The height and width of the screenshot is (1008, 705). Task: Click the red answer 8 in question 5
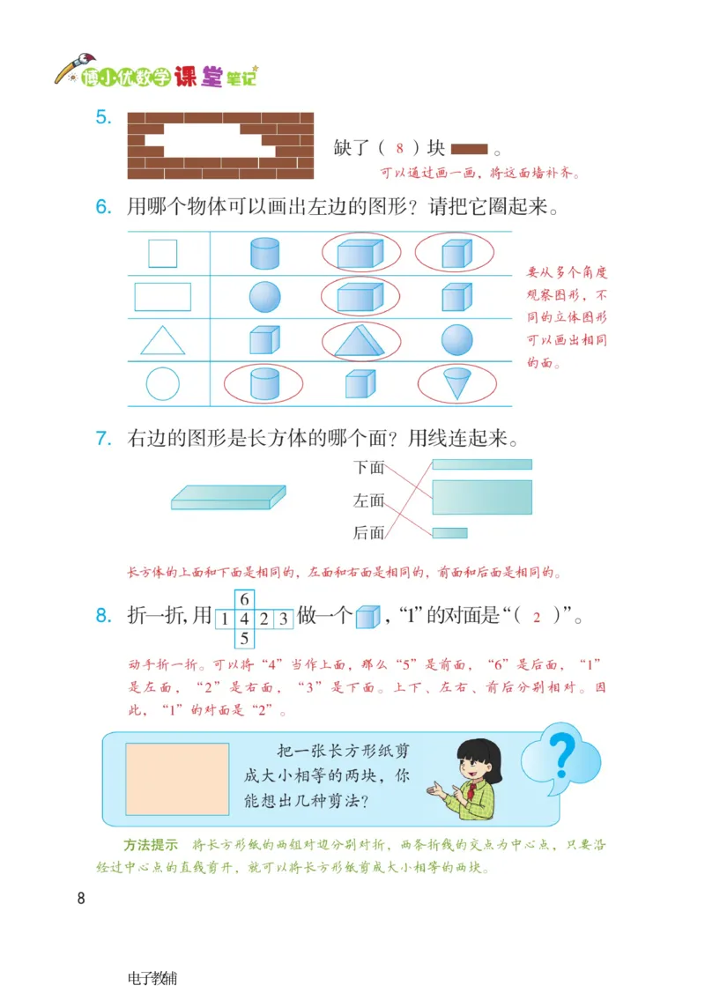[x=399, y=149]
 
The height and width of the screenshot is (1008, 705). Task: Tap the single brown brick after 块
[x=469, y=149]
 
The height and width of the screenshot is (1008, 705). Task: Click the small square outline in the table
[x=162, y=254]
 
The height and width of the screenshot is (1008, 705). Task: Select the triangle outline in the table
[x=163, y=340]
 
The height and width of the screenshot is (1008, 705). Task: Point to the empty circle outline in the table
[x=162, y=384]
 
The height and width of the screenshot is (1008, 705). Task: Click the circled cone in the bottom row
[x=456, y=383]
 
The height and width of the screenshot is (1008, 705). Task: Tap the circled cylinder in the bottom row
[x=263, y=383]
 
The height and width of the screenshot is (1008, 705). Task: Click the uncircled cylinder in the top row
[x=264, y=254]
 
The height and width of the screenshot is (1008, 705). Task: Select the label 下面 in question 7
[x=369, y=468]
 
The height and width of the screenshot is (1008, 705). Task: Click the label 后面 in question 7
[x=369, y=532]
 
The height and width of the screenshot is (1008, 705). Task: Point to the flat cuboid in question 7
[x=228, y=497]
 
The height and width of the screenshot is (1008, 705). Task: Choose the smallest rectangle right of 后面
[x=449, y=533]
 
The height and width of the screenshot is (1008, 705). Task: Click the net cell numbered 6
[x=245, y=599]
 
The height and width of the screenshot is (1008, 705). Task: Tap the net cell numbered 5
[x=245, y=638]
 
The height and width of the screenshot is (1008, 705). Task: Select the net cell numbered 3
[x=282, y=619]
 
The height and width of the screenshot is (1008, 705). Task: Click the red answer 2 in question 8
[x=536, y=619]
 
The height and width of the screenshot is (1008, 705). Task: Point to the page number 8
[x=81, y=899]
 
